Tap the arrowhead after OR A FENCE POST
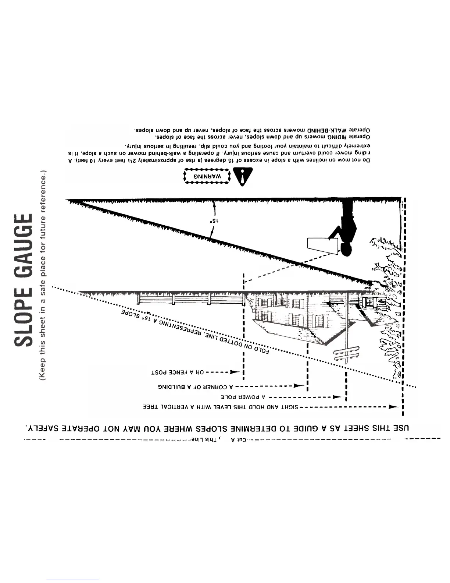tap(235, 372)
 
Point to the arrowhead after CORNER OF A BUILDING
tap(299, 386)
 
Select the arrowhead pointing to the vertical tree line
tap(394, 407)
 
